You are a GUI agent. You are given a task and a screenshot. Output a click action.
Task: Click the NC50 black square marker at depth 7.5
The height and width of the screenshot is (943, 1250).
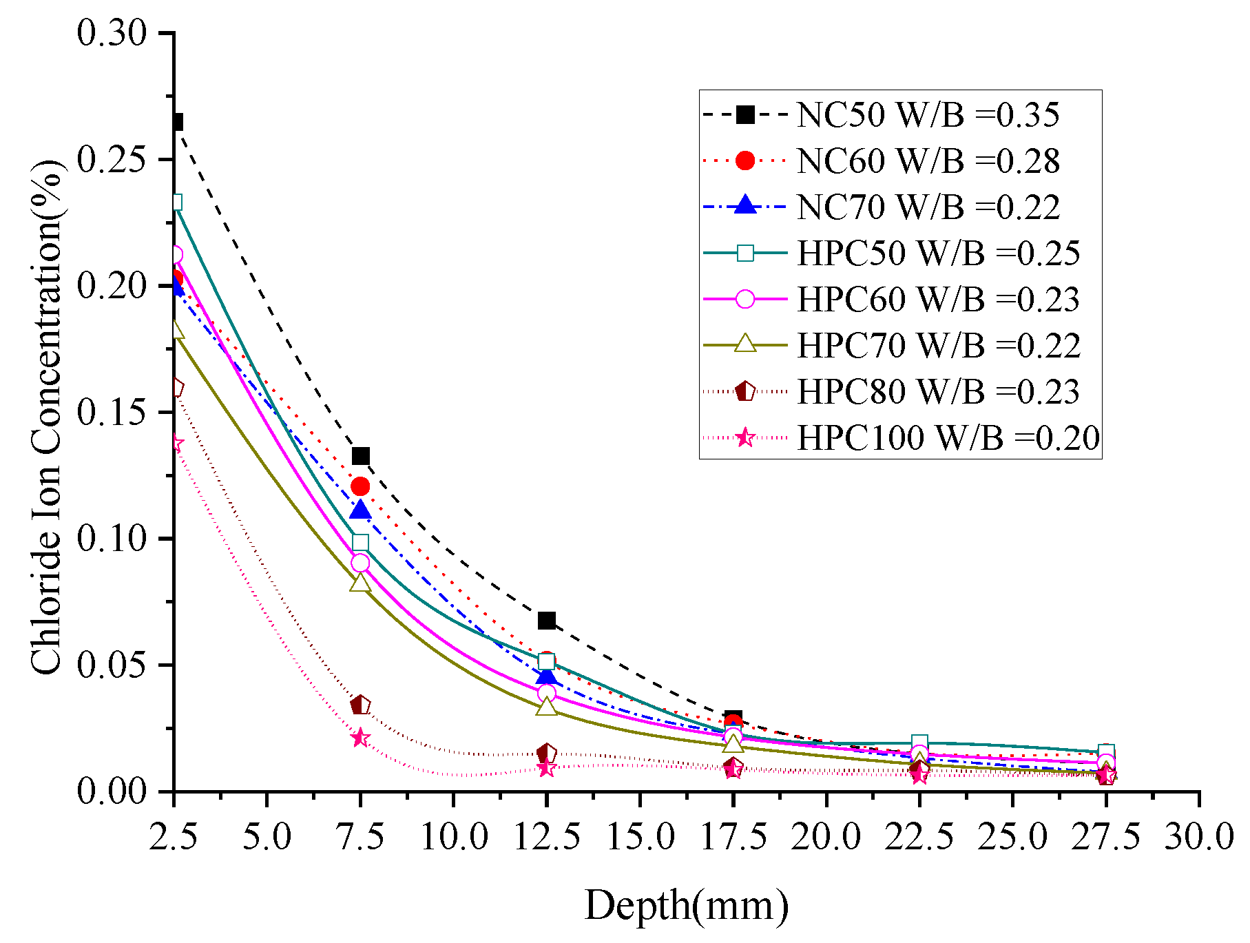pyautogui.click(x=360, y=456)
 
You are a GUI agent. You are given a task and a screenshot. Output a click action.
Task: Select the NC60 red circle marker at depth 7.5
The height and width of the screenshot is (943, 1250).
pyautogui.click(x=360, y=487)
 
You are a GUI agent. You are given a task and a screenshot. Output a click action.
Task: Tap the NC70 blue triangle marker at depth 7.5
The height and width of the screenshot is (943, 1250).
pyautogui.click(x=360, y=510)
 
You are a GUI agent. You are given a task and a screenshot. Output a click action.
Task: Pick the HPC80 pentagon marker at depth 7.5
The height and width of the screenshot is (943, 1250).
pyautogui.click(x=360, y=705)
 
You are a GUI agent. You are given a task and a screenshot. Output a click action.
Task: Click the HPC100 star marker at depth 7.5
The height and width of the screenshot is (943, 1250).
pyautogui.click(x=360, y=738)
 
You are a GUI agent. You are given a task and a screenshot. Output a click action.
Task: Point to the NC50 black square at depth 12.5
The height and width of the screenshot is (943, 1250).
pyautogui.click(x=547, y=621)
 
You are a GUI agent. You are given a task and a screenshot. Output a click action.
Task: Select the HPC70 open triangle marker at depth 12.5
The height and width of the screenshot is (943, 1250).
pyautogui.click(x=547, y=707)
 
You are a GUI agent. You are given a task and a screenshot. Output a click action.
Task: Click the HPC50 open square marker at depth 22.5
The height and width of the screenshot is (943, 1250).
pyautogui.click(x=919, y=743)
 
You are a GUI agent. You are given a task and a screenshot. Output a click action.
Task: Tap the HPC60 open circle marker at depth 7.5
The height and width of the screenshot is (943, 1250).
pyautogui.click(x=360, y=563)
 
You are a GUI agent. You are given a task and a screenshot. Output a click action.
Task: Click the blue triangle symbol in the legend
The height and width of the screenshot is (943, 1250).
pyautogui.click(x=745, y=206)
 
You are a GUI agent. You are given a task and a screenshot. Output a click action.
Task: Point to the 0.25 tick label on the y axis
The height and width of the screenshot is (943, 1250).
pyautogui.click(x=112, y=160)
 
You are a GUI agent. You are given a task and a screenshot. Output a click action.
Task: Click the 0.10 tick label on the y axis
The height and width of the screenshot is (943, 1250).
pyautogui.click(x=112, y=539)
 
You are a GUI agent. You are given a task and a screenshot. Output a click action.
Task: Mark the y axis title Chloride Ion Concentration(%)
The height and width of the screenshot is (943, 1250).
pyautogui.click(x=47, y=417)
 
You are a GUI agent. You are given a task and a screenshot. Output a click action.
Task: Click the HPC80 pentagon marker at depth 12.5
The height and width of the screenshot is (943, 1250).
pyautogui.click(x=547, y=754)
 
